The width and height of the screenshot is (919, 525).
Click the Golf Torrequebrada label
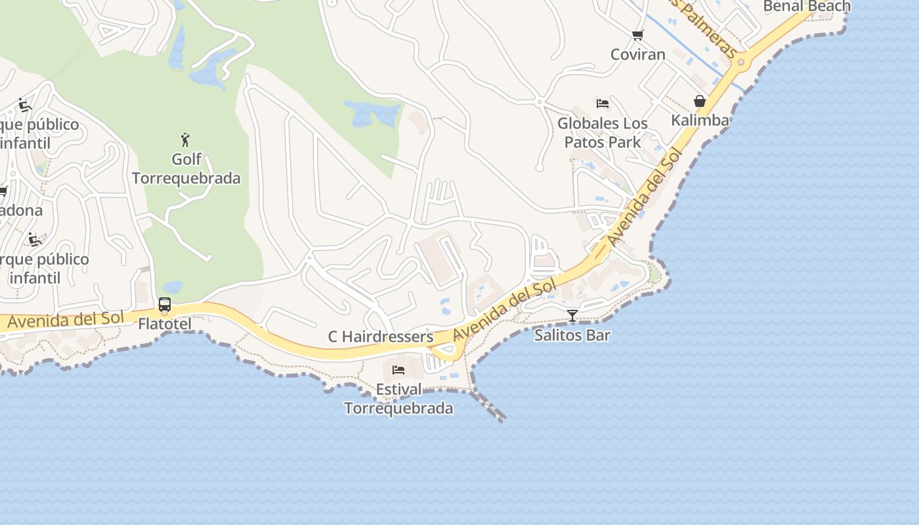click(186, 169)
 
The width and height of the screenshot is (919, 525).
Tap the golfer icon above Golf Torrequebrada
click(186, 140)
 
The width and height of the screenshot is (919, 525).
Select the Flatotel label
click(165, 324)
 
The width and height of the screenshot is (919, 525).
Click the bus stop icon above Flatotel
click(165, 304)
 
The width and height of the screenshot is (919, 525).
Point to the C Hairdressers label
click(381, 337)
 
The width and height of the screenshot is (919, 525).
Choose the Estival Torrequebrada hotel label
click(398, 398)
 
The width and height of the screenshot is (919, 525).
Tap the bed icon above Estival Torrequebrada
click(398, 370)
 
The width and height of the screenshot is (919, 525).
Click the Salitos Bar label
click(572, 335)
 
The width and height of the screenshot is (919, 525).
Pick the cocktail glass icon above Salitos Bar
click(572, 316)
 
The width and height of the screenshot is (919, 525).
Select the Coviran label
click(638, 54)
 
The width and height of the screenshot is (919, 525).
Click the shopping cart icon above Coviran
click(637, 35)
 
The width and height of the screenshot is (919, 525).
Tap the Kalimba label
click(700, 120)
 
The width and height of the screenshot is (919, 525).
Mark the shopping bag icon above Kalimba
click(700, 101)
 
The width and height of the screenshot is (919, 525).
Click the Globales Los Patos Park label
click(603, 132)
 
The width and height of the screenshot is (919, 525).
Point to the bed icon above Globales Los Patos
click(602, 104)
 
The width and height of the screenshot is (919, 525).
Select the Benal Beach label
click(807, 7)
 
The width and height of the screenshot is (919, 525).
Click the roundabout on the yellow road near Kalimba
click(741, 62)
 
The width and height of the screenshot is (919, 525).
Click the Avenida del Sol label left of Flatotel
click(65, 320)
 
